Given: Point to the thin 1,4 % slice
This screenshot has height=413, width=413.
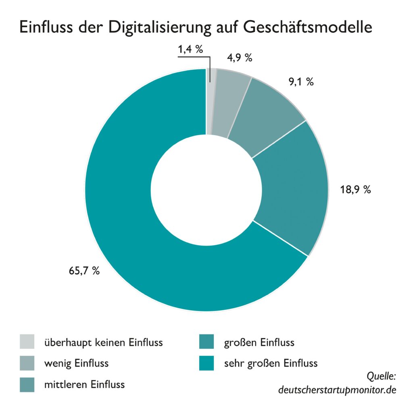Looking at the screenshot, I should coord(209,101).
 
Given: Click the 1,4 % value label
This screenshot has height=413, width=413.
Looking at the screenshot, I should coord(190,50).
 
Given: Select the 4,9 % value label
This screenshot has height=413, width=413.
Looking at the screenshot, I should coord(240,58).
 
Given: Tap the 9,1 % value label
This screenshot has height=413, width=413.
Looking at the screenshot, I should coord(301,81).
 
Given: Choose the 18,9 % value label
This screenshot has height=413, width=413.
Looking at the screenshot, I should coord(355,190).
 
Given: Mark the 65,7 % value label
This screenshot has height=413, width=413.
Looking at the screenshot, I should coord(84,271).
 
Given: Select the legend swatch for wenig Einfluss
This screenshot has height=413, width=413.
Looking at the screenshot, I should coord(27,363).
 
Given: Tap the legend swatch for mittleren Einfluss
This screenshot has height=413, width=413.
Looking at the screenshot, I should coord(27,384).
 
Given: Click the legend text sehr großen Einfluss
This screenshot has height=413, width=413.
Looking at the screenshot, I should coord(271,363).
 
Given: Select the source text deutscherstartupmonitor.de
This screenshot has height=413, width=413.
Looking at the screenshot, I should coord(337,390).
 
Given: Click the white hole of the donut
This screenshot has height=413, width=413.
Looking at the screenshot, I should coord(206,190).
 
